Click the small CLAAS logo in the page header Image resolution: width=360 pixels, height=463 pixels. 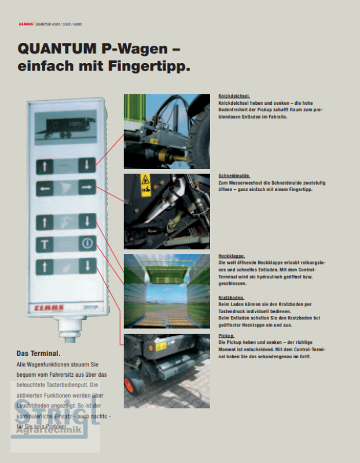[25, 24]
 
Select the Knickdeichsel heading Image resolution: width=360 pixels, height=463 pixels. [234, 95]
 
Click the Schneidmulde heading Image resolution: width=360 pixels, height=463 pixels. [234, 174]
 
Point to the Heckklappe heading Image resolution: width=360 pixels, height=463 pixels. [231, 256]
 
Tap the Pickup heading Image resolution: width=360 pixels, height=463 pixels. [226, 336]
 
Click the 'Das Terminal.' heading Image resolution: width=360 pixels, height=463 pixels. [38, 353]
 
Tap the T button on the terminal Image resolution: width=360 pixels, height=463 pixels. [44, 244]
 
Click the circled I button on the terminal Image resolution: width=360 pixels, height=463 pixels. [86, 244]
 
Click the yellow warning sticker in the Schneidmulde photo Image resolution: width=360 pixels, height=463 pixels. [144, 181]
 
